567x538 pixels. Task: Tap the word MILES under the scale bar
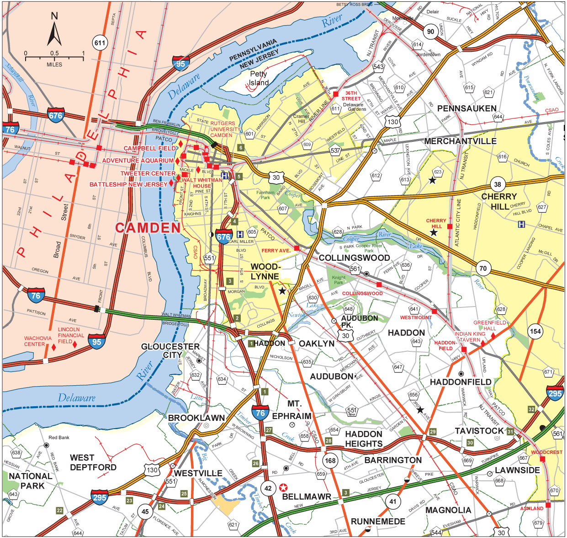click(x=54, y=65)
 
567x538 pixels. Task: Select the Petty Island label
click(x=258, y=78)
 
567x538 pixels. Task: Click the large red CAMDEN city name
click(x=148, y=228)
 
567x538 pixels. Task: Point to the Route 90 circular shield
click(x=430, y=32)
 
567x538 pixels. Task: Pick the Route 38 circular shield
click(x=498, y=185)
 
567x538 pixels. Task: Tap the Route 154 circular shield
click(x=535, y=332)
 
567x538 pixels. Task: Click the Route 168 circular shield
click(x=330, y=460)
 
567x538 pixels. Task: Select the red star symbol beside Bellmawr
click(x=284, y=488)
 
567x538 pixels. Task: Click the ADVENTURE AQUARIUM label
click(x=138, y=161)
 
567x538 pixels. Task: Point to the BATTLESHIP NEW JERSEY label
click(x=128, y=184)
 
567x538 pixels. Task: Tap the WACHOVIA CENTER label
click(x=37, y=341)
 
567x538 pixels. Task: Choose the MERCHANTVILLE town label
click(x=460, y=141)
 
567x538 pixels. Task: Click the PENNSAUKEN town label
click(x=466, y=108)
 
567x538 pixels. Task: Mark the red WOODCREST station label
click(x=546, y=452)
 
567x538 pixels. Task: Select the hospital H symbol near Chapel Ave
click(x=521, y=224)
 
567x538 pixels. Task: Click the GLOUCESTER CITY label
click(x=170, y=351)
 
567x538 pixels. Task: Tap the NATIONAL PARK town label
click(x=31, y=481)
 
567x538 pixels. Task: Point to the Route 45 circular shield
click(x=145, y=511)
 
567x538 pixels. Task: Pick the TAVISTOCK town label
click(x=479, y=431)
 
